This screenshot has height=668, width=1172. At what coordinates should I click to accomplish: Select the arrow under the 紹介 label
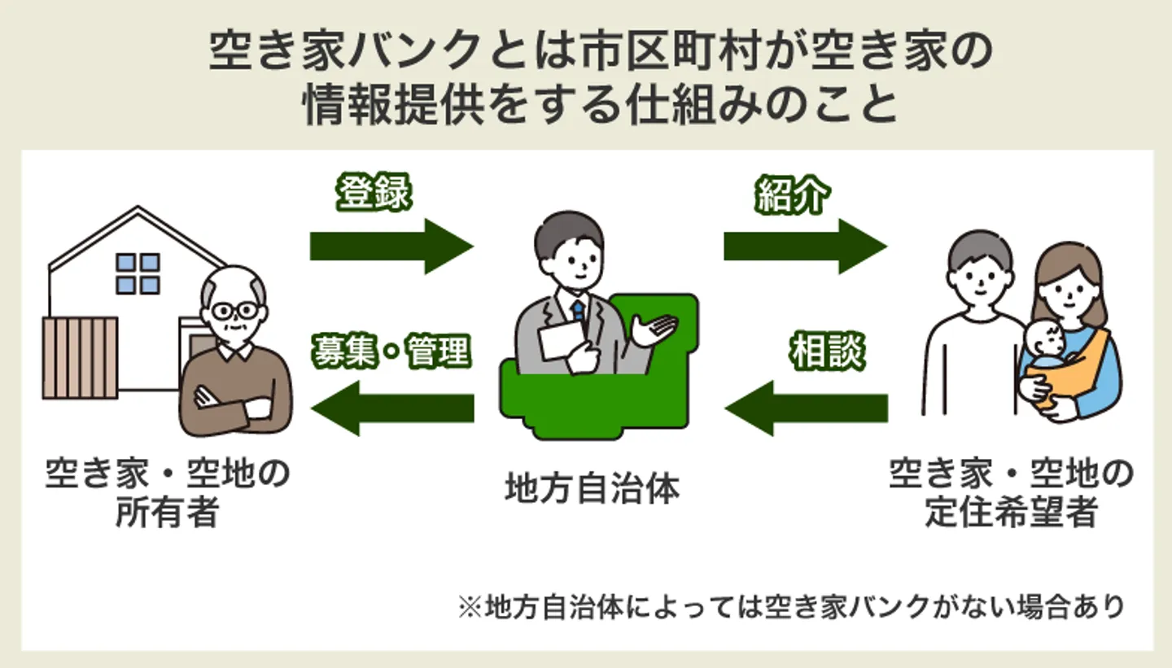[x=804, y=245]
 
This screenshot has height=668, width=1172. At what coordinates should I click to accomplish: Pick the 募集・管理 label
[x=391, y=351]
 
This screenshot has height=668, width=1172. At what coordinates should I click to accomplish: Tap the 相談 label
[x=826, y=352]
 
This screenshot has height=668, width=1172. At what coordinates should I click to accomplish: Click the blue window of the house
[x=138, y=273]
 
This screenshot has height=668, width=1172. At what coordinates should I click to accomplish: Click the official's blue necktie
[x=578, y=312]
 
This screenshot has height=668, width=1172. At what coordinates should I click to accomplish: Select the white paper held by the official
[x=562, y=338]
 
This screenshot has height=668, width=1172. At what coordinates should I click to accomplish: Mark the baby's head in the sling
[x=1044, y=339]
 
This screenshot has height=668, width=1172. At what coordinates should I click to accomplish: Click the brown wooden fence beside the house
[x=80, y=358]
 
